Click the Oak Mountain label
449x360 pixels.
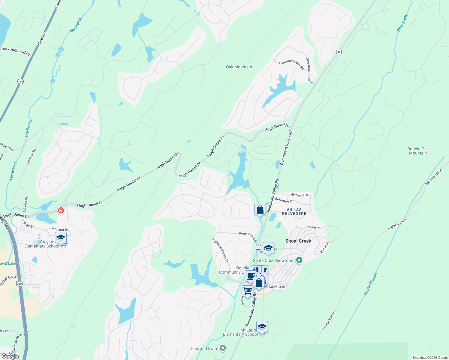pyautogui.click(x=239, y=67)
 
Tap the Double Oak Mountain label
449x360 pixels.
pyautogui.click(x=418, y=151)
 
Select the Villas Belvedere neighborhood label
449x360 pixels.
pyautogui.click(x=294, y=211)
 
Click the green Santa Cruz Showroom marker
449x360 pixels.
pyautogui.click(x=299, y=260)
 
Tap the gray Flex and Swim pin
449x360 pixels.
pyautogui.click(x=223, y=348)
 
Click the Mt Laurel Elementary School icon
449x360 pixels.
pyautogui.click(x=262, y=327)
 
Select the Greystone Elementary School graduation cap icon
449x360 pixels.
pyautogui.click(x=61, y=238)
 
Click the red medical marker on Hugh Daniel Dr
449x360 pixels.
pyautogui.click(x=61, y=211)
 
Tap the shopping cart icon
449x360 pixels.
pyautogui.click(x=247, y=291)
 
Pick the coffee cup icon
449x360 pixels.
pyautogui.click(x=250, y=276)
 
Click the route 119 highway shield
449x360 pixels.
pyautogui.click(x=20, y=82)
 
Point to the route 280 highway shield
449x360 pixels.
pyautogui.click(x=20, y=283)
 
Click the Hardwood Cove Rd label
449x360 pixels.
pyautogui.click(x=291, y=64)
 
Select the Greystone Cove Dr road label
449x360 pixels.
pyautogui.click(x=309, y=71)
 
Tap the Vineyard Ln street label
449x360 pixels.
pyautogui.click(x=299, y=195)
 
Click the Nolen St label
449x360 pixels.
pyautogui.click(x=313, y=227)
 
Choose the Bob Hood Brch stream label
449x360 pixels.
pyautogui.click(x=434, y=177)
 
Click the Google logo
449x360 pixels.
pyautogui.click(x=10, y=356)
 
